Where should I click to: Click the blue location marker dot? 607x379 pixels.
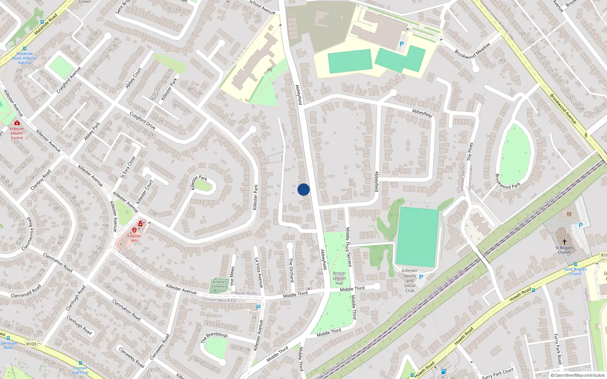click(303, 189)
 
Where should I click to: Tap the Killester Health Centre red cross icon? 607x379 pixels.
click(17, 123)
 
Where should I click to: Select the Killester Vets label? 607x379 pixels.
click(134, 238)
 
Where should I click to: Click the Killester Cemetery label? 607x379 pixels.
click(219, 284)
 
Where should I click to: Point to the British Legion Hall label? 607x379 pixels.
click(339, 278)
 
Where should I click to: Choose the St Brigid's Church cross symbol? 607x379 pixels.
click(564, 241)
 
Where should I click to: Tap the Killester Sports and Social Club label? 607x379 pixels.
click(410, 280)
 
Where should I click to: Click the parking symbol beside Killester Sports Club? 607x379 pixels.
click(421, 277)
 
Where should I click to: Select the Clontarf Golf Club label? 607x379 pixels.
click(80, 370)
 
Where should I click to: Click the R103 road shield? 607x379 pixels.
click(31, 344)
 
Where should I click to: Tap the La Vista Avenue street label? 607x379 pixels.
click(259, 272)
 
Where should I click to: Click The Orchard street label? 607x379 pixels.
click(291, 270)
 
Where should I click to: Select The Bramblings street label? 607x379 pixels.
click(214, 337)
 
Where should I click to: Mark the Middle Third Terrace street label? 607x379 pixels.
click(348, 247)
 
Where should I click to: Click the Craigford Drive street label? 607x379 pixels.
click(142, 120)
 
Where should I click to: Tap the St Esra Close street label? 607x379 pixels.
click(128, 167)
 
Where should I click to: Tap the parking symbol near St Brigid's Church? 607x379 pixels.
click(580, 225)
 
